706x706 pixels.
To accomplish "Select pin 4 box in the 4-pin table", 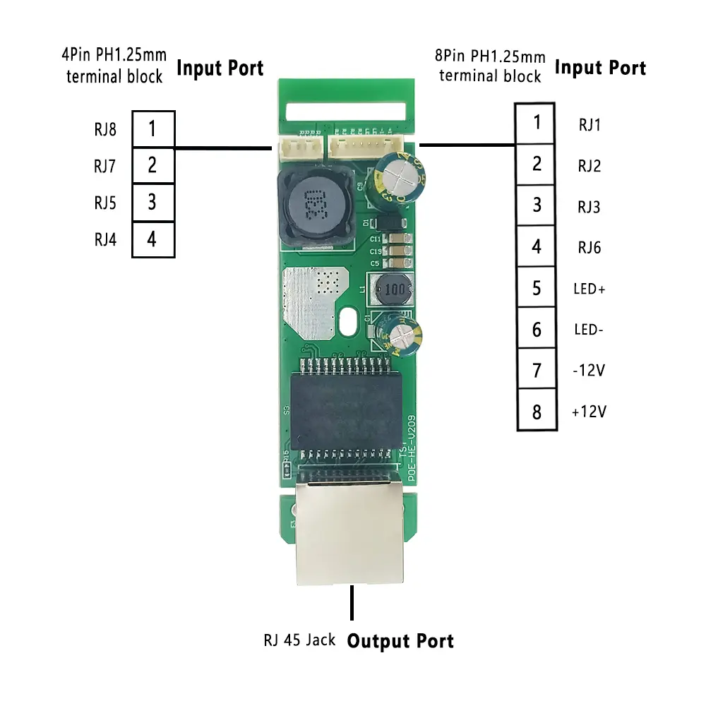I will point(152,239).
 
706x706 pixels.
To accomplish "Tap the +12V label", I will point(589,412).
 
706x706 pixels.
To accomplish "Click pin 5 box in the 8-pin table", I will point(537,288).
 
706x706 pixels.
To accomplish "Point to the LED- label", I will point(589,330).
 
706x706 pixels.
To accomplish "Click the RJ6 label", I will point(589,248).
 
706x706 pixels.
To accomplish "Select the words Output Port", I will point(400,641).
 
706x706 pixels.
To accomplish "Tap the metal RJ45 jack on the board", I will point(349,533).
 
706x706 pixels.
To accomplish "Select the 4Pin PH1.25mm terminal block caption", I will point(114,66).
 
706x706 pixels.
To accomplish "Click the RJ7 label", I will point(104,167).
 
